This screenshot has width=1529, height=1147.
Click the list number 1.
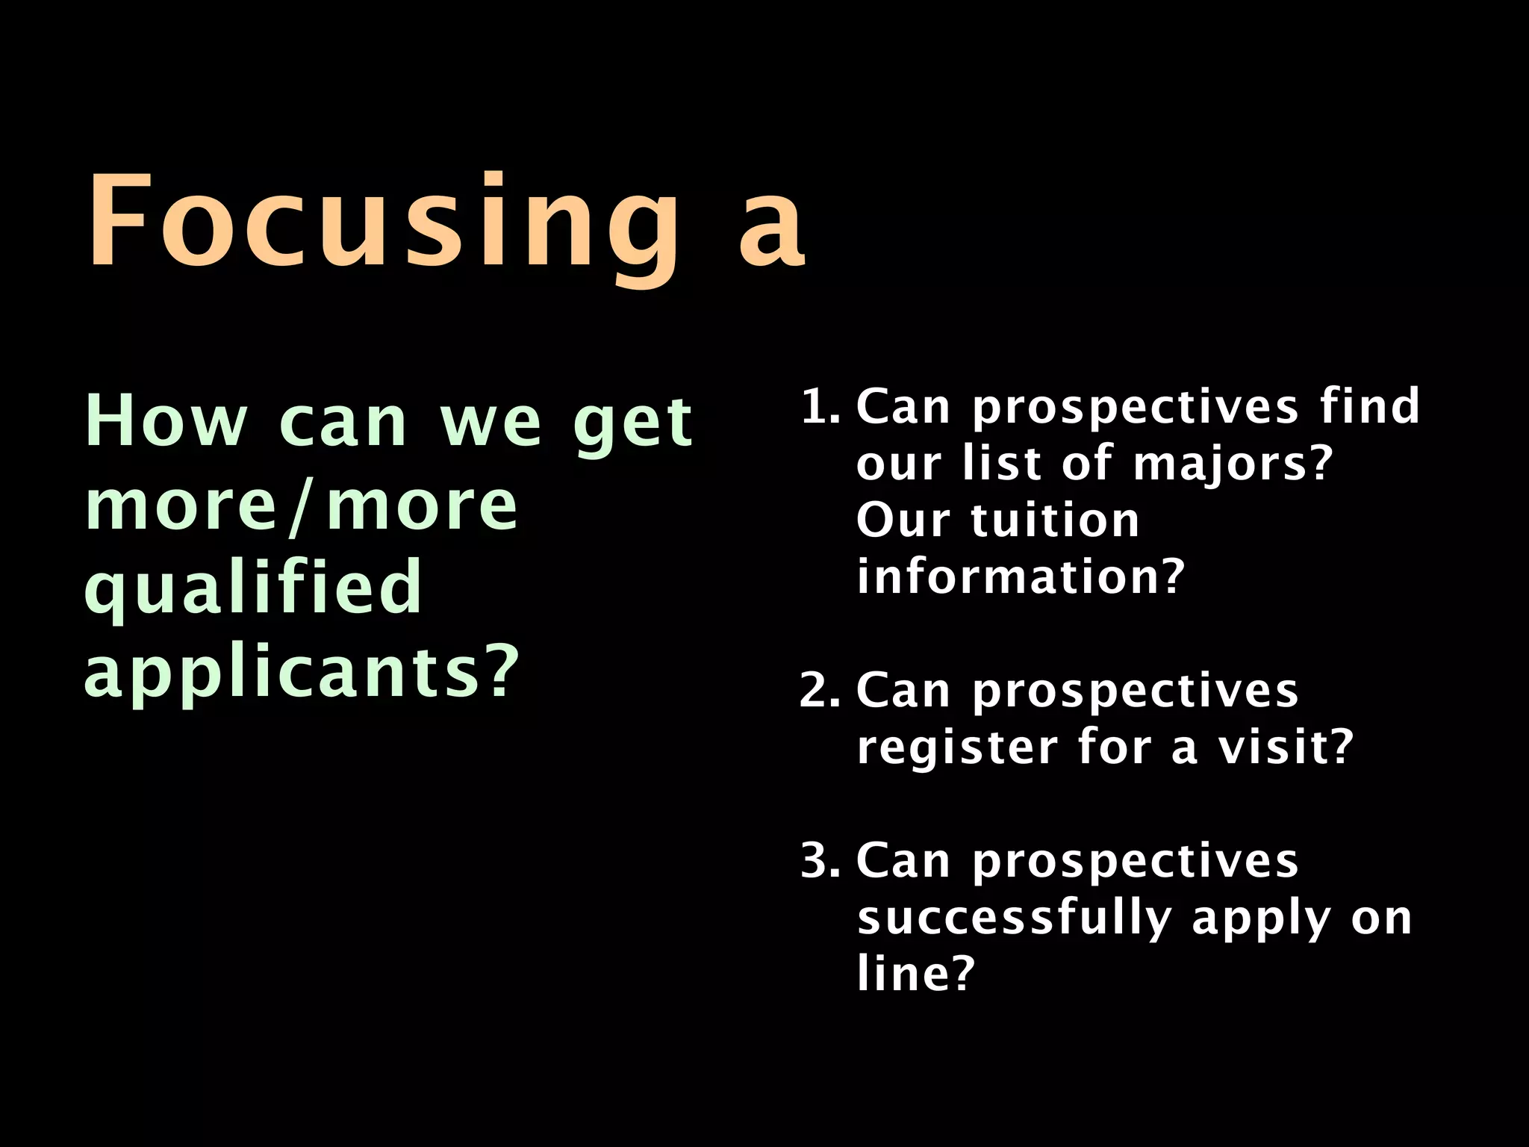[819, 407]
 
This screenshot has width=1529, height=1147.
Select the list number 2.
[819, 691]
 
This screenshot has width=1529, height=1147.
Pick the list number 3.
[819, 861]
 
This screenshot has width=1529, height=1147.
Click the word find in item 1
[1369, 407]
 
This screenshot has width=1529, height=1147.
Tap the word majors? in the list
[1233, 464]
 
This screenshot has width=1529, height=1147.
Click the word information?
[1021, 577]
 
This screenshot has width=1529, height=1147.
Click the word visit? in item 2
[1286, 747]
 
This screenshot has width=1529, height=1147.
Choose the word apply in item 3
[1260, 919]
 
